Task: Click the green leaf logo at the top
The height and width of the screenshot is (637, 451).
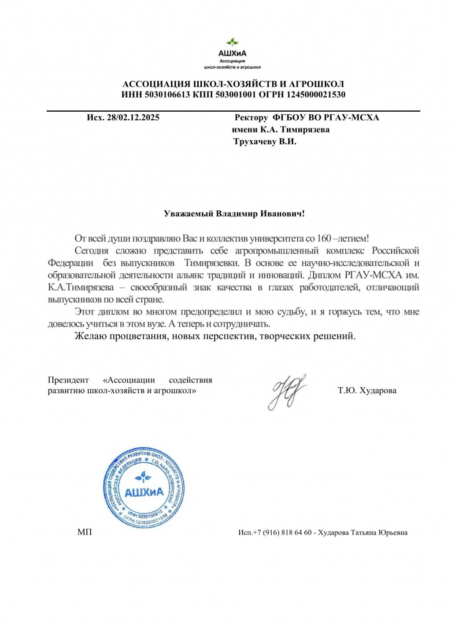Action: pos(232,42)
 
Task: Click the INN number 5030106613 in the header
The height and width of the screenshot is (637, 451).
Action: pos(168,95)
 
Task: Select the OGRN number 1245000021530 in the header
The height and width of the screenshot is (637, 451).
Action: pos(316,95)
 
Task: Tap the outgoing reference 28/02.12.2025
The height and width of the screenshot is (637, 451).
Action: pos(133,117)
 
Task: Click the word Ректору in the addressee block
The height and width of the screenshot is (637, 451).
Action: pos(251,117)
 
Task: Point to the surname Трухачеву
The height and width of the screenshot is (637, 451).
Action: pos(255,142)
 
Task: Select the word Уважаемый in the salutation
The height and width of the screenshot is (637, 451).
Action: pos(189,214)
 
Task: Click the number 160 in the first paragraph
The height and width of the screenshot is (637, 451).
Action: pos(324,239)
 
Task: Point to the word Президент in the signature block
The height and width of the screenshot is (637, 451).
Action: pos(68,380)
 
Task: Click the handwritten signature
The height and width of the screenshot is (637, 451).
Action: pos(287,391)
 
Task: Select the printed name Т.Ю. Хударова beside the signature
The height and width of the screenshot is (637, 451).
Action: pos(367,391)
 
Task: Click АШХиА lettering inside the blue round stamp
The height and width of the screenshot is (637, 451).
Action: pos(144,492)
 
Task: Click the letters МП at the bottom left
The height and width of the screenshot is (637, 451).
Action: pos(85,532)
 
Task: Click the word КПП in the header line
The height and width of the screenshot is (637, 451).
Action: pos(203,95)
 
